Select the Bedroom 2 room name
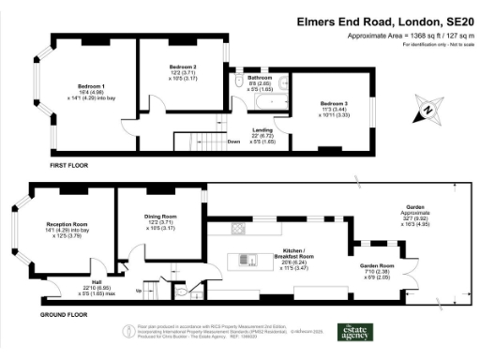pos(183,67)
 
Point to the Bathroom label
pos(259,78)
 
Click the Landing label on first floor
pos(262,129)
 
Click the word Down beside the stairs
pos(233,142)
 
